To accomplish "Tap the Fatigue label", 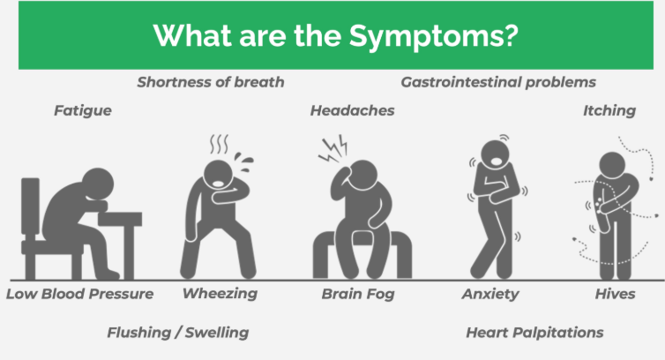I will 83,111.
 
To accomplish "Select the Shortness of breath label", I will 211,82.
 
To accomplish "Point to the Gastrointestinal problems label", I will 498,82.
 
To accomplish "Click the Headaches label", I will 352,111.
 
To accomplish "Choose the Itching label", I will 609,111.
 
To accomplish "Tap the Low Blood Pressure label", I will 79,294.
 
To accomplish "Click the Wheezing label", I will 220,294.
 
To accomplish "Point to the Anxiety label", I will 490,294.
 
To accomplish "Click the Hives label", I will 615,294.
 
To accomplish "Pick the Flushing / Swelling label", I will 177,333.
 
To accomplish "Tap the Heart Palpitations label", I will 534,333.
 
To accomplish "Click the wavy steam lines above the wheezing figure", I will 218,142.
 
